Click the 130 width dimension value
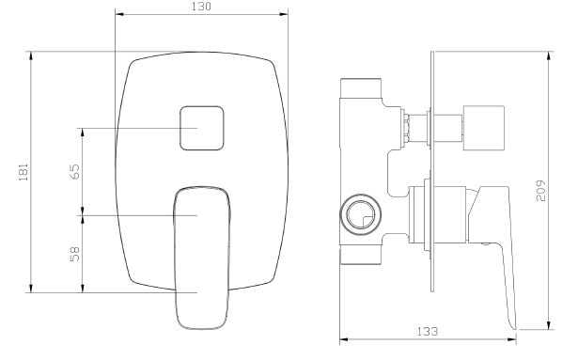click(x=201, y=8)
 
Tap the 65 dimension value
click(x=74, y=171)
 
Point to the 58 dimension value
click(x=74, y=253)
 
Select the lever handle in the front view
click(x=202, y=254)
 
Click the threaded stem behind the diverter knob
click(x=408, y=125)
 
